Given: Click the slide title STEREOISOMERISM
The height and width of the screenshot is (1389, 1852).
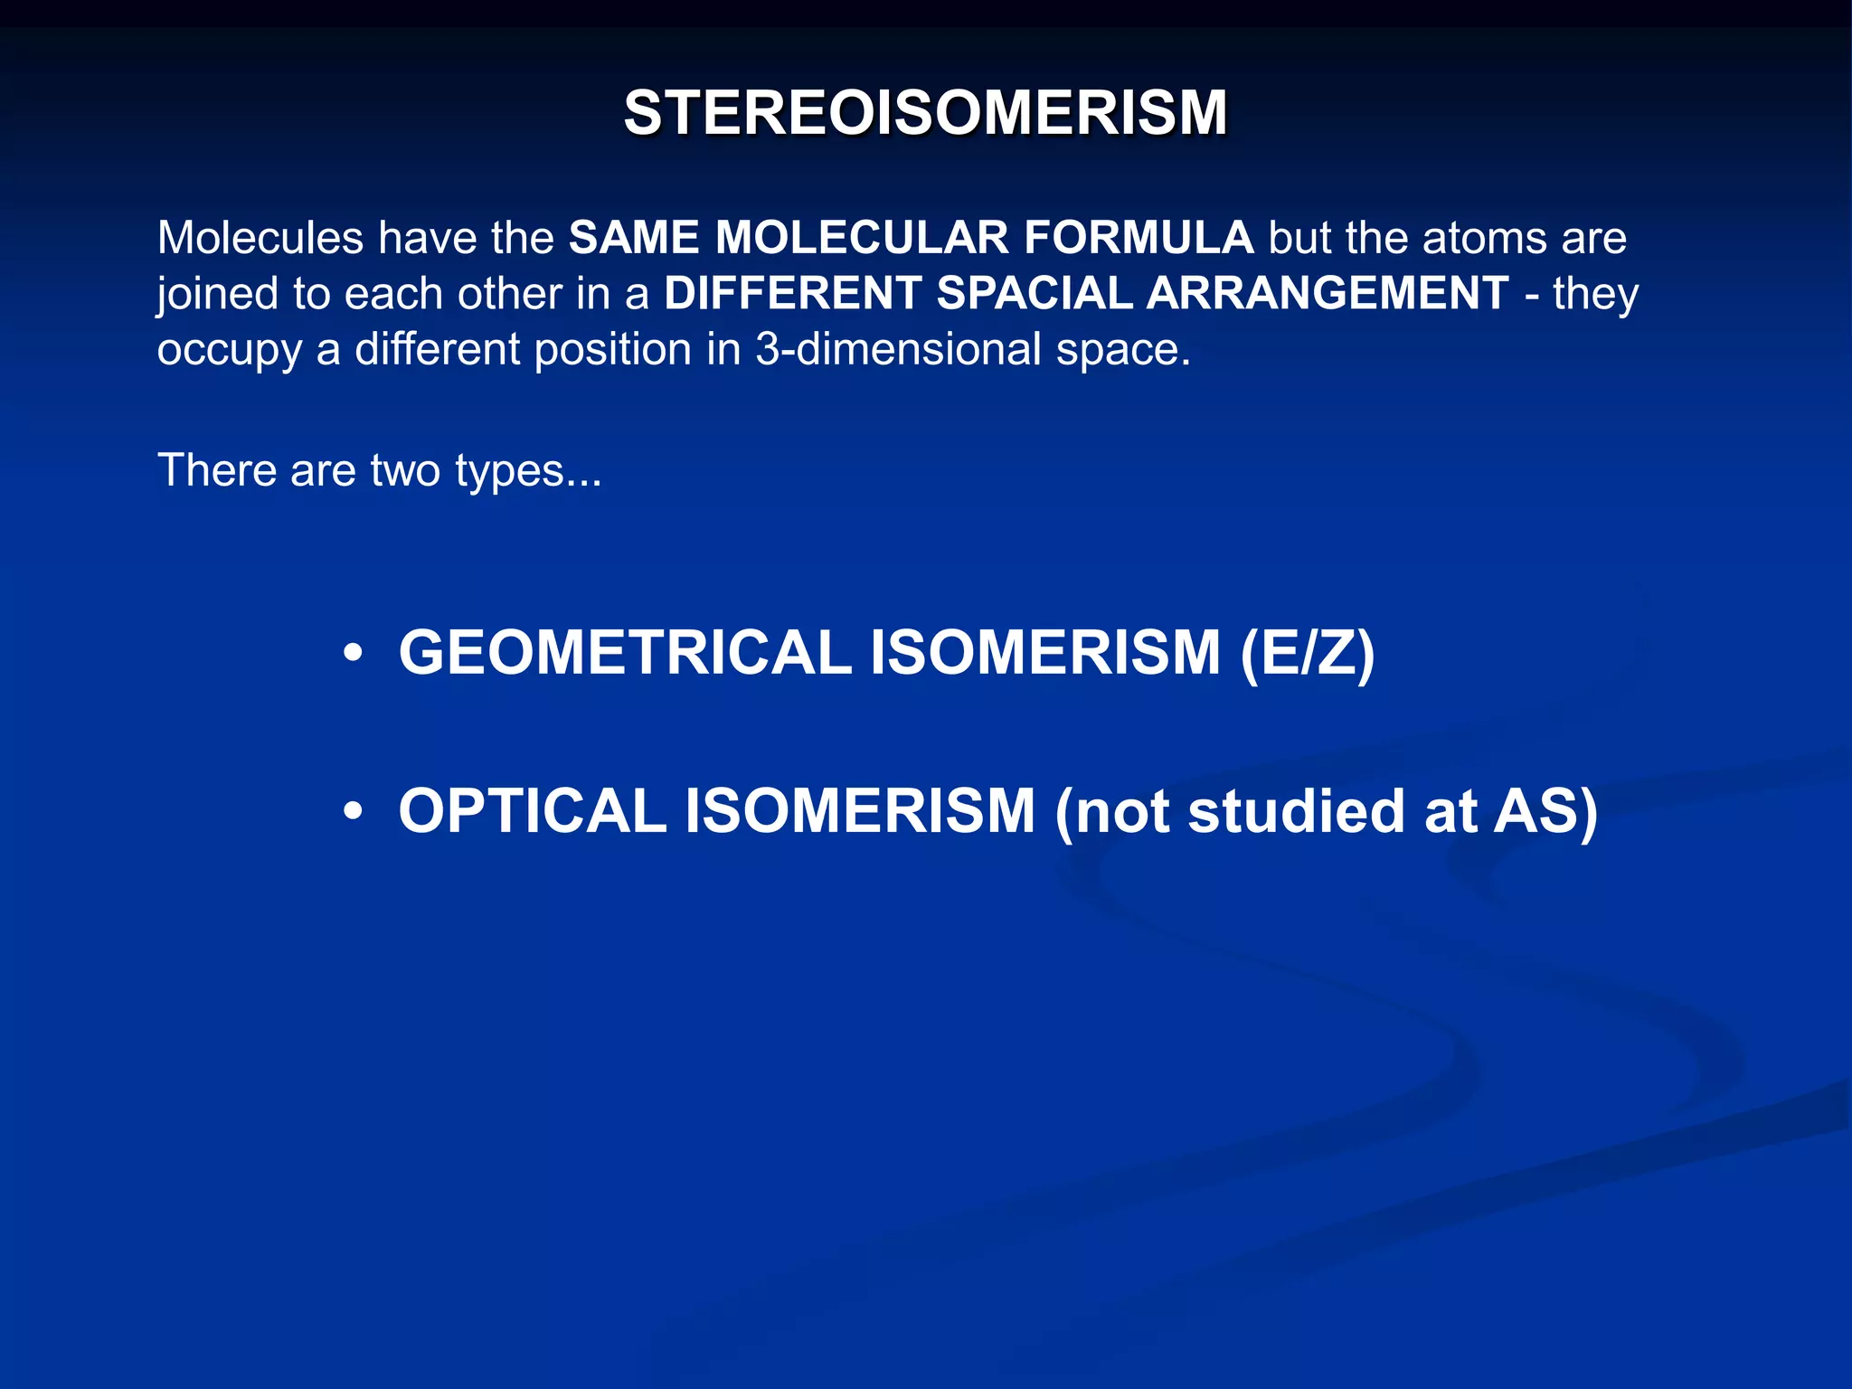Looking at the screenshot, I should pyautogui.click(x=925, y=113).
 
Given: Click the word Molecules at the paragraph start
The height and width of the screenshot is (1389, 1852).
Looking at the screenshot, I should pyautogui.click(x=260, y=239).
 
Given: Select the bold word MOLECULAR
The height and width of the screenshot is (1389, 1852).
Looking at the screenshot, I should pyautogui.click(x=861, y=239).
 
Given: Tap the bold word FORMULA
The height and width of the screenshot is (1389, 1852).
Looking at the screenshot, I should pyautogui.click(x=1138, y=239).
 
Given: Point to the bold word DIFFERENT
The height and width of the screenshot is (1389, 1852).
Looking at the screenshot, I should pyautogui.click(x=792, y=294).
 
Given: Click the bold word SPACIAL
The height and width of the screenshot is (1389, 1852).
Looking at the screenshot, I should pyautogui.click(x=1034, y=294).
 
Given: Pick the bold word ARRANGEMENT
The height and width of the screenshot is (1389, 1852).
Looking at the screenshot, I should pyautogui.click(x=1328, y=294).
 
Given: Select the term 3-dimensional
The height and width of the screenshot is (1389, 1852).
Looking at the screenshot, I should pyautogui.click(x=898, y=349).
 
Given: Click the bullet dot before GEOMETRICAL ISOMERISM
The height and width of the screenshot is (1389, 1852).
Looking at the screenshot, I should pyautogui.click(x=354, y=653).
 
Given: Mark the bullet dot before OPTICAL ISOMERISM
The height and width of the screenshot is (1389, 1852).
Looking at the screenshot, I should pyautogui.click(x=354, y=811).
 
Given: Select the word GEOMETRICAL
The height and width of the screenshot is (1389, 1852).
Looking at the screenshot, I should pyautogui.click(x=625, y=653).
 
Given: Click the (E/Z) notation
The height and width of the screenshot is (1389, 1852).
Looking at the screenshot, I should pyautogui.click(x=1307, y=653).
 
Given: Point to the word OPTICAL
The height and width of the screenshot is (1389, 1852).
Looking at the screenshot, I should pyautogui.click(x=533, y=811).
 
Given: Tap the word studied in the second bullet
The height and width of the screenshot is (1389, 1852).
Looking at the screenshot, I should pyautogui.click(x=1295, y=811).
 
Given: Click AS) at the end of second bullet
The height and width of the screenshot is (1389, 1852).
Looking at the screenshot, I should pyautogui.click(x=1545, y=811).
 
